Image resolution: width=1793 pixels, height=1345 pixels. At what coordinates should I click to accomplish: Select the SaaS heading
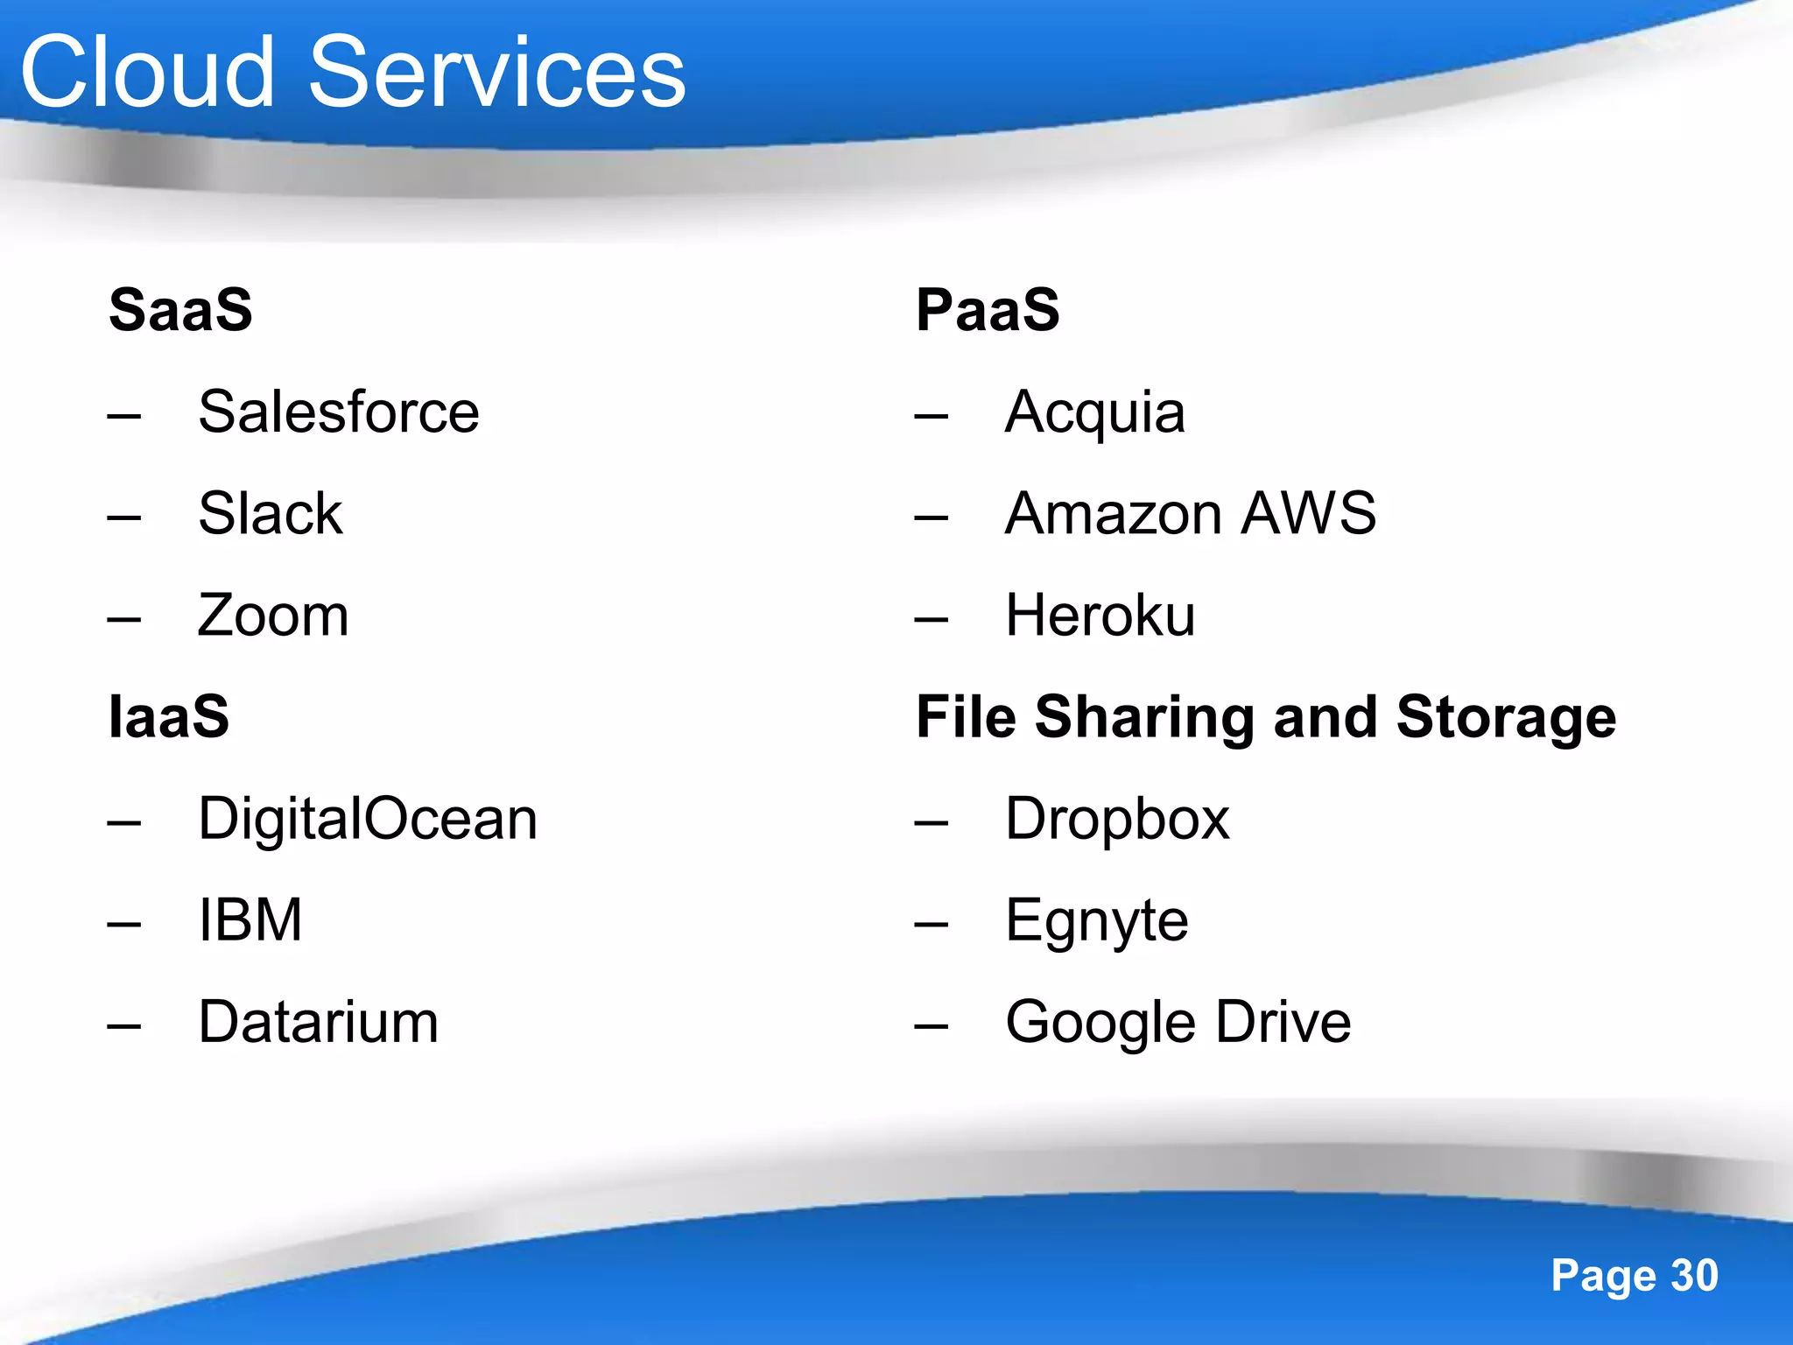(x=180, y=310)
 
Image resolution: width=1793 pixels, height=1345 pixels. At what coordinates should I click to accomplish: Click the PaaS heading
(x=988, y=310)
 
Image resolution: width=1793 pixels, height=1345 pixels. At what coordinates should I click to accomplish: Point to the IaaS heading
(x=169, y=716)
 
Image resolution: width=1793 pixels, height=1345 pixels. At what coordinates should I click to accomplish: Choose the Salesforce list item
(x=339, y=412)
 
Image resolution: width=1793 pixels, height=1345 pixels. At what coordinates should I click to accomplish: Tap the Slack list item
(x=271, y=513)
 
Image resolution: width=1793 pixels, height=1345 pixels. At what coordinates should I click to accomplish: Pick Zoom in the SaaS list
(x=273, y=615)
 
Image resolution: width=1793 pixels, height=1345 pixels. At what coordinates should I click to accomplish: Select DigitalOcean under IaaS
(x=368, y=819)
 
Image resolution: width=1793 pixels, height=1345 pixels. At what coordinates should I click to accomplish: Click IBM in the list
(x=250, y=920)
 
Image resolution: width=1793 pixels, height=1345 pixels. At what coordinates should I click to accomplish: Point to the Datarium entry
(x=319, y=1022)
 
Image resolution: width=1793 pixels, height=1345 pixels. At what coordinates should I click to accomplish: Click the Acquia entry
(x=1095, y=412)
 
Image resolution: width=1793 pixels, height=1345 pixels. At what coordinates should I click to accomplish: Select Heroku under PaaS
(x=1100, y=615)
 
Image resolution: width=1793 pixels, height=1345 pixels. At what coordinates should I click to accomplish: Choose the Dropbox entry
(x=1117, y=819)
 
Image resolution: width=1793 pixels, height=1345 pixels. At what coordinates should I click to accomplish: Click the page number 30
(x=1695, y=1276)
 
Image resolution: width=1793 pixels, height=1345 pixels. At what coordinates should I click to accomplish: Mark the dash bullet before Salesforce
(x=124, y=415)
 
